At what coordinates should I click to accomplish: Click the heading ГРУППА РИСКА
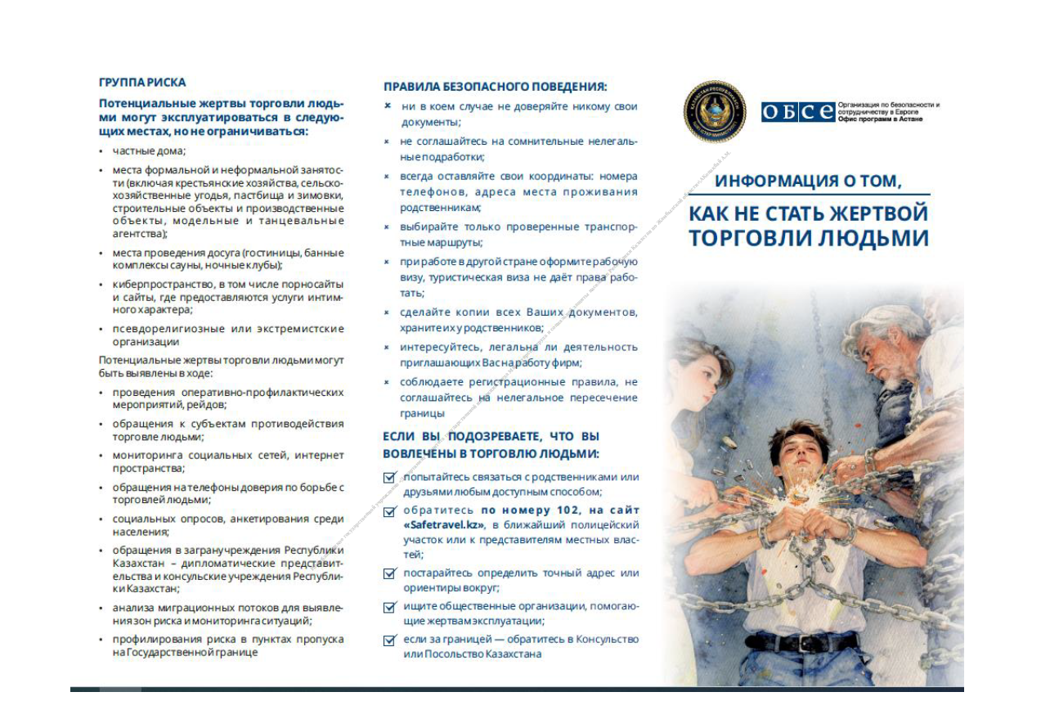(x=141, y=82)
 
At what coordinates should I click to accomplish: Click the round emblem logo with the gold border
(x=714, y=111)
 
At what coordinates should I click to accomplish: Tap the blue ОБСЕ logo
(x=798, y=112)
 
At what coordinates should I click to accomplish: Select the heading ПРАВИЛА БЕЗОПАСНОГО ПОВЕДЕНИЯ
(x=495, y=87)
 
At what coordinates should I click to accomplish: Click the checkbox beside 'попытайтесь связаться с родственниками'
(x=389, y=478)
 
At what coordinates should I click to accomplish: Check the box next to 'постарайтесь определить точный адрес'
(x=389, y=573)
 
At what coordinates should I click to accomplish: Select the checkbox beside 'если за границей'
(x=389, y=640)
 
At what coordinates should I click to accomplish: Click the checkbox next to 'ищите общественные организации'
(x=389, y=607)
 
